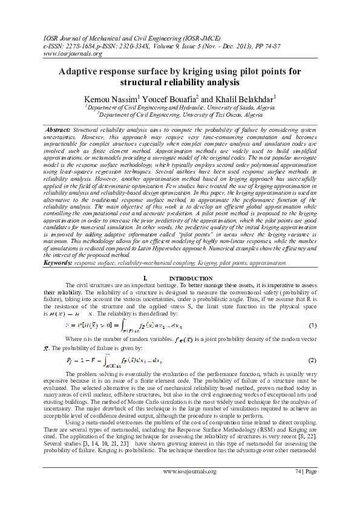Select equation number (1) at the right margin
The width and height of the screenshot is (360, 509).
tap(312, 326)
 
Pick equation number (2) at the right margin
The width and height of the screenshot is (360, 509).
tap(312, 360)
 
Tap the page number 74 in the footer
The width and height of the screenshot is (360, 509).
tap(298, 488)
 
